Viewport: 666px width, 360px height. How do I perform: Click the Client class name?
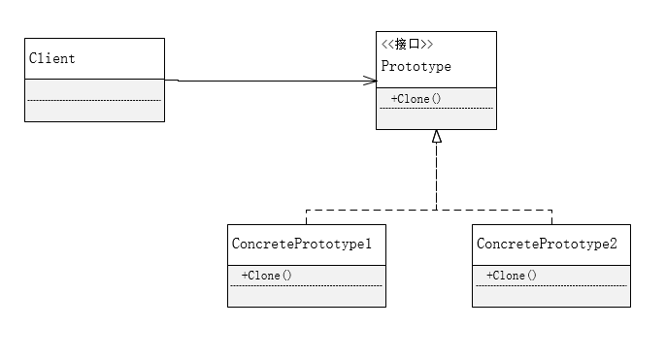pos(52,59)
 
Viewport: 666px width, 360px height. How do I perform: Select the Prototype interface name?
pos(416,67)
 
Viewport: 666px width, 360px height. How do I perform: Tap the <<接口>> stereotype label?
pos(407,45)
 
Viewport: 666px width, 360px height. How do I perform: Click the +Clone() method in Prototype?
pos(416,99)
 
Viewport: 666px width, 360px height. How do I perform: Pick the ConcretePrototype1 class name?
pos(302,244)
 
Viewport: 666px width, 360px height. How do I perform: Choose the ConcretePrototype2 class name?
pos(547,244)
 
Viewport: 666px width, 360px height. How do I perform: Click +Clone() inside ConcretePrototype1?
pos(267,276)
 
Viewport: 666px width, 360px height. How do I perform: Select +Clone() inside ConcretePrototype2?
pos(512,276)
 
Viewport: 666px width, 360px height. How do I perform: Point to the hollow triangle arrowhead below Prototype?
pos(437,136)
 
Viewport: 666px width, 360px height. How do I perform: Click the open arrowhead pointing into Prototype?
pos(369,81)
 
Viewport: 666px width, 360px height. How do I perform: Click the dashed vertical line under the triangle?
pos(437,175)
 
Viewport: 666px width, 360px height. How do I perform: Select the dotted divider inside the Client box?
pos(94,100)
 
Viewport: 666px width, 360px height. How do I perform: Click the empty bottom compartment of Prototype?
pos(436,118)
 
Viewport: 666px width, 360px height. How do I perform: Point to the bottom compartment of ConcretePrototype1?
pos(307,296)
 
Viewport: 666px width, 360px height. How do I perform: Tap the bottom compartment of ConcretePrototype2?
pos(551,296)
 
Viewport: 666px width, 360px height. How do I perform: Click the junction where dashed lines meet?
pos(437,209)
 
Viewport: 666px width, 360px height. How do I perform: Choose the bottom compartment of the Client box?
pos(94,111)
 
